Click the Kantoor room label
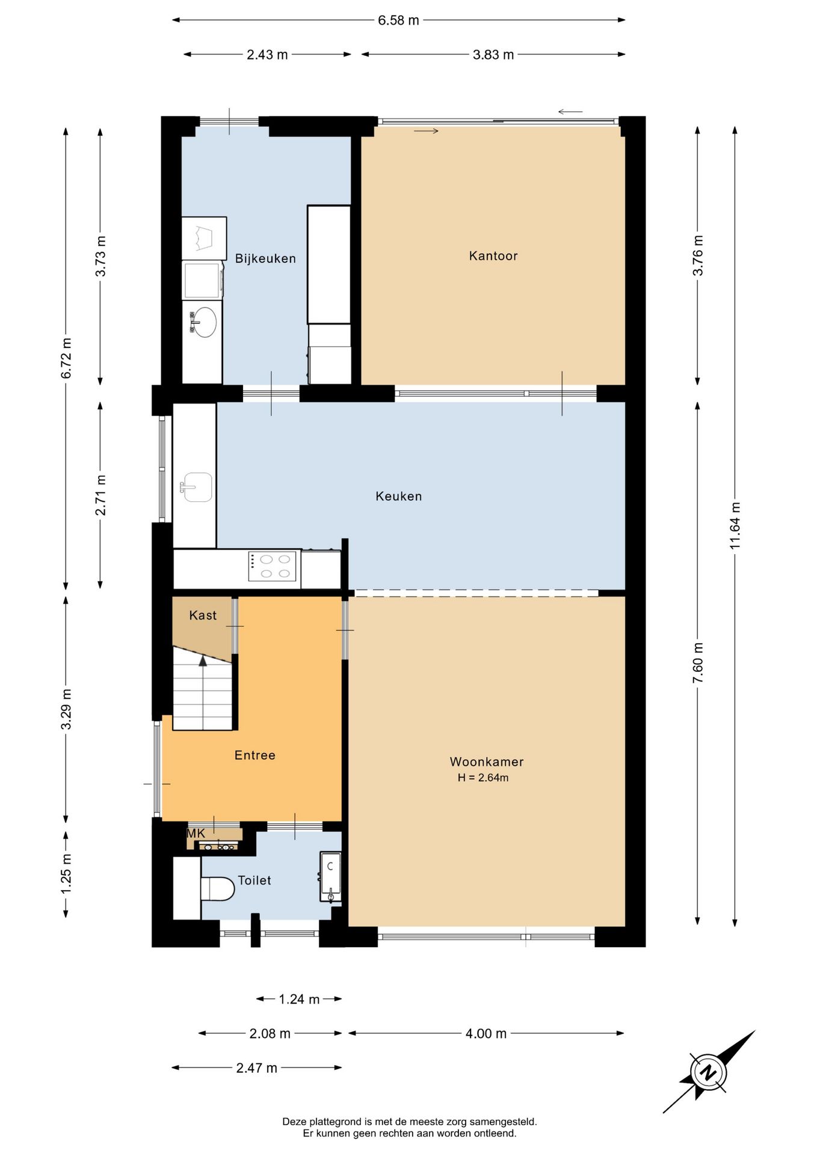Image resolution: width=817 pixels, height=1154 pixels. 493,256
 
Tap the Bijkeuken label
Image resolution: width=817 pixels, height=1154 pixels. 265,258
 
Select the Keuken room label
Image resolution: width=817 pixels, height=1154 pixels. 399,496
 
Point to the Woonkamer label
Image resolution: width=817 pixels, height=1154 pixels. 487,762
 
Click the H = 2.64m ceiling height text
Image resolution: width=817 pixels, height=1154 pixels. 483,778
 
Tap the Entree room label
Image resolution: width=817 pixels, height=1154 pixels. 255,755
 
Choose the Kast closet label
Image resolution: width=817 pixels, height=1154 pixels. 203,615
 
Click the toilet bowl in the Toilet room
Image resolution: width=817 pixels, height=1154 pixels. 217,888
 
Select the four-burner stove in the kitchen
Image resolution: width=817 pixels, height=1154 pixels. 273,566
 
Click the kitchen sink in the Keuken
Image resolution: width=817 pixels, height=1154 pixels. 197,487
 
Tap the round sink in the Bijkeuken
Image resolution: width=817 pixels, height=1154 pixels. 203,322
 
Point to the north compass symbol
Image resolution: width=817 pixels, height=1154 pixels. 709,1072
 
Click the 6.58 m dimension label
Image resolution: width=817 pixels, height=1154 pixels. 398,20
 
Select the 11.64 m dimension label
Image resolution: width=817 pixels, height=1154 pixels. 735,525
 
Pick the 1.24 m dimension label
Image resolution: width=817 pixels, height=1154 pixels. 299,999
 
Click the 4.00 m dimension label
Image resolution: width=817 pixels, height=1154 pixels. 486,1033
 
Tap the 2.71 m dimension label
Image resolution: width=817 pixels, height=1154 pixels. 100,495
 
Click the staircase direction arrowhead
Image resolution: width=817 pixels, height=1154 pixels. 203,661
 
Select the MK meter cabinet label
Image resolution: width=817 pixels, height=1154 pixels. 196,834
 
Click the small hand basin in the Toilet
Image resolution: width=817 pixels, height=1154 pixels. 330,876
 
